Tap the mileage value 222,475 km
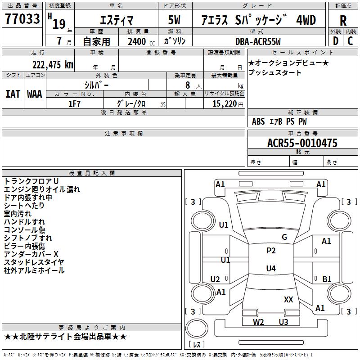[53, 64]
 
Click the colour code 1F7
[74, 104]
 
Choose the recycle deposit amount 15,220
[224, 104]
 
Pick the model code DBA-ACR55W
[257, 41]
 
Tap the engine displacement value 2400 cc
[140, 41]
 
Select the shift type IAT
[13, 94]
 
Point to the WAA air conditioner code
[35, 94]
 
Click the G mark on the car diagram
[284, 237]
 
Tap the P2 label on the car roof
[271, 251]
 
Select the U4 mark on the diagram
[271, 269]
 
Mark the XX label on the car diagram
[288, 299]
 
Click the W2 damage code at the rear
[258, 322]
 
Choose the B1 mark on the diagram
[327, 279]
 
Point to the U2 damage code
[215, 279]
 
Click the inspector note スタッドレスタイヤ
[34, 262]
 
